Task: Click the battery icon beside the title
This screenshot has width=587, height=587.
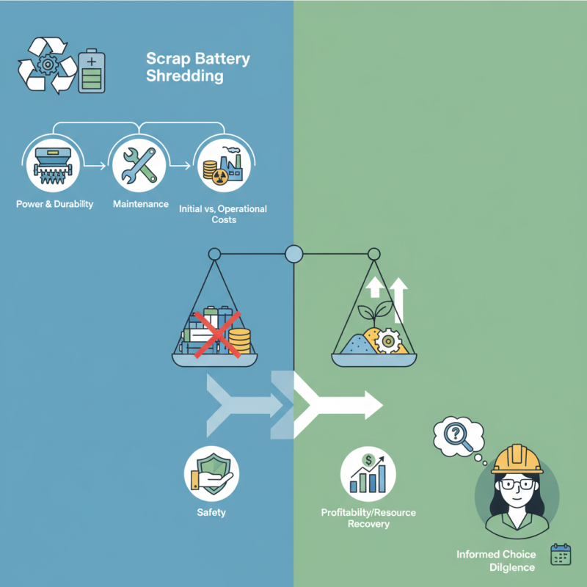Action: click(x=92, y=71)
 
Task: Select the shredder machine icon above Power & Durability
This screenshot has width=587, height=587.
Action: click(x=54, y=166)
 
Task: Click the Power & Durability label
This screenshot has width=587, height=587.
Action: click(x=54, y=204)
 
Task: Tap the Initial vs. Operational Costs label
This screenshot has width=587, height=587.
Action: click(x=222, y=214)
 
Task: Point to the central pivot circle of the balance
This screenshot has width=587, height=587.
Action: click(x=293, y=255)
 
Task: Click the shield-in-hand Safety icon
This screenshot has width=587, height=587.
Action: click(x=211, y=473)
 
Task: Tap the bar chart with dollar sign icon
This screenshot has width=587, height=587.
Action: click(x=368, y=474)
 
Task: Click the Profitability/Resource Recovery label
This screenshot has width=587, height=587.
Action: click(x=368, y=518)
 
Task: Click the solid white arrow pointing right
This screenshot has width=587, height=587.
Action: click(x=345, y=403)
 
